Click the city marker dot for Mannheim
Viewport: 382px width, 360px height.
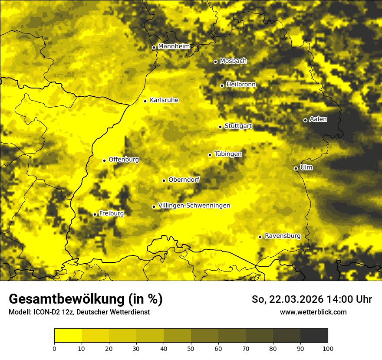154,48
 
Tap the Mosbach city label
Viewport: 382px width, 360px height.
233,61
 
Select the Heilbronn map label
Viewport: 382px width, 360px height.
241,85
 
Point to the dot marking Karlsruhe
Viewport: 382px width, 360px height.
145,101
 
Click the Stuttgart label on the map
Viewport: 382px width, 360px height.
238,126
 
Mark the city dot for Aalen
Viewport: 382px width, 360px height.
305,120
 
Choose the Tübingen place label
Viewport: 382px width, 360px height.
228,154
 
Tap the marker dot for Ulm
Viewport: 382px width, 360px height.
296,168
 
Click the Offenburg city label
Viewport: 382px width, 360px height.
124,160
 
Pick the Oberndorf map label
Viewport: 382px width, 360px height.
184,180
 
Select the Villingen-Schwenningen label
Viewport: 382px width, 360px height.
194,206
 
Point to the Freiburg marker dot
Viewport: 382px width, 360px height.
95,214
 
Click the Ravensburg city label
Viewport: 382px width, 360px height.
283,236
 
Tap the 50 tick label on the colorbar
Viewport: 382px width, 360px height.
191,348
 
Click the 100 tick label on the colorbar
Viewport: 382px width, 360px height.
328,348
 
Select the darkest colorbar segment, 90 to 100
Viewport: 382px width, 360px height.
314,336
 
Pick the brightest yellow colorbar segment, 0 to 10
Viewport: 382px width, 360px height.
68,336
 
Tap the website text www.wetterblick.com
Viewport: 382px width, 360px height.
313,312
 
